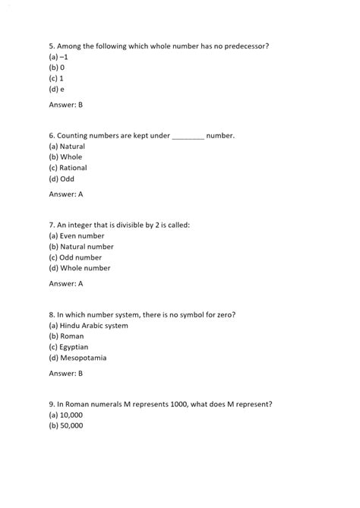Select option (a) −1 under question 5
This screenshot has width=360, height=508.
point(59,56)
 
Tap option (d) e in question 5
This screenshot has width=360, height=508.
point(57,88)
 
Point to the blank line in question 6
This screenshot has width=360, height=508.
point(188,136)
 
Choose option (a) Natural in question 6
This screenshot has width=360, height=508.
point(67,146)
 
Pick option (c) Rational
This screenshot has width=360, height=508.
point(68,168)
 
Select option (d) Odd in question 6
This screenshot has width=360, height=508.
point(62,179)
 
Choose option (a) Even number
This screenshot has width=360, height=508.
point(76,235)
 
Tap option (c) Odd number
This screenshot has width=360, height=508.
point(74,257)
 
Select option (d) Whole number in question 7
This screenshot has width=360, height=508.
point(79,268)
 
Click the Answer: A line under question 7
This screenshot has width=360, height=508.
point(66,284)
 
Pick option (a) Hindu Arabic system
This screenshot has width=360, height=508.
point(88,325)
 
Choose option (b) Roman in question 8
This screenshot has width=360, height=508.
point(66,336)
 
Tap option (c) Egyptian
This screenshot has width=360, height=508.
point(69,346)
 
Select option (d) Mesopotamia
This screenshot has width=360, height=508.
point(77,358)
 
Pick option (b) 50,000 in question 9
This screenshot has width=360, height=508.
point(66,425)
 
